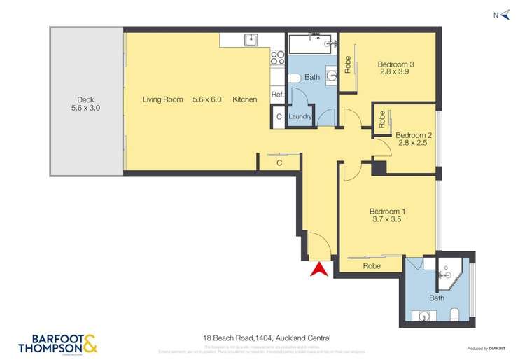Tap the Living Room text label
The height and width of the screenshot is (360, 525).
(x=162, y=99)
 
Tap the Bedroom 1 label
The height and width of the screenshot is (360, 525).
(x=388, y=214)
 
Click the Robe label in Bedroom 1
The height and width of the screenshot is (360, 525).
(x=372, y=266)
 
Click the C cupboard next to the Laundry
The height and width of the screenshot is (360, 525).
(x=279, y=117)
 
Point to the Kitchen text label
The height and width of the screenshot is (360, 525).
(x=245, y=99)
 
